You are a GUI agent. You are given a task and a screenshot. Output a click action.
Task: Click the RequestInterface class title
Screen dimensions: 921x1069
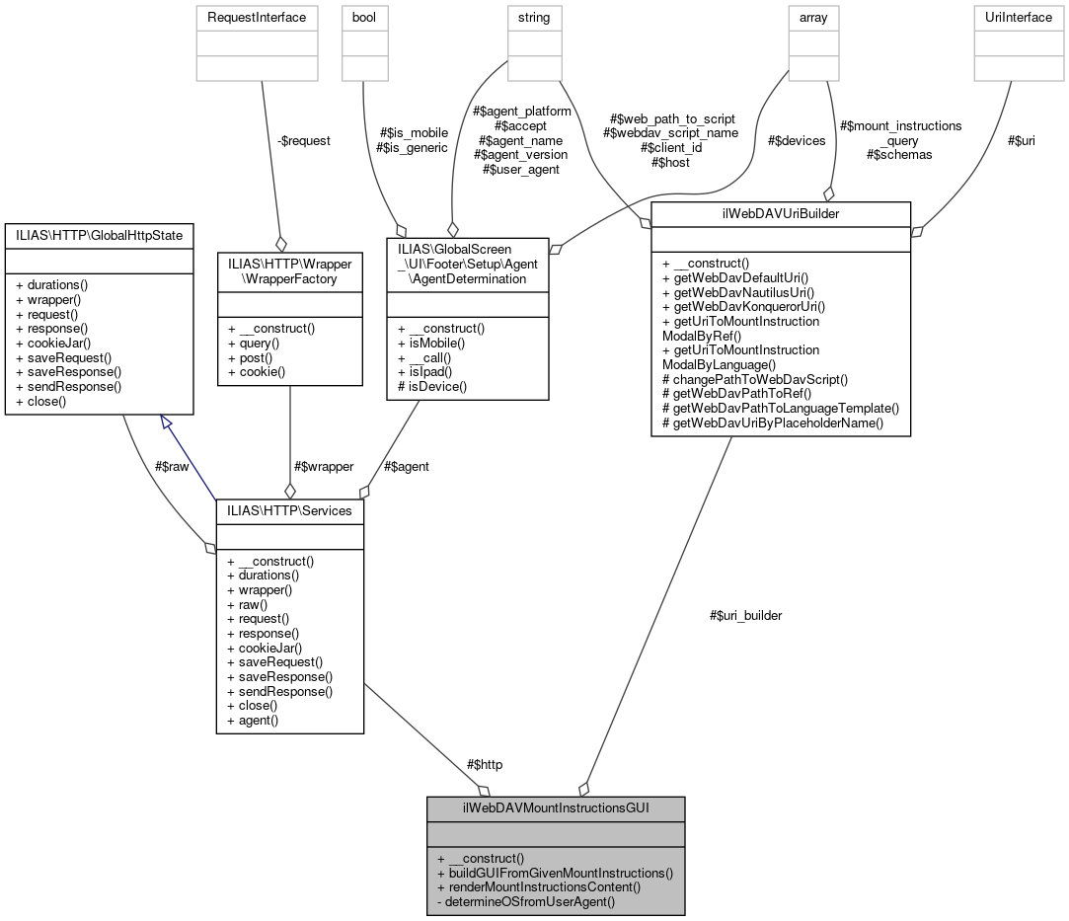click(x=260, y=17)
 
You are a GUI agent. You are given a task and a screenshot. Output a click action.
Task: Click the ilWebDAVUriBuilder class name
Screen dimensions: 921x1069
click(x=781, y=213)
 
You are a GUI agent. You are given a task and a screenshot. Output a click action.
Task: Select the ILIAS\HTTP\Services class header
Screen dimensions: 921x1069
click(x=290, y=511)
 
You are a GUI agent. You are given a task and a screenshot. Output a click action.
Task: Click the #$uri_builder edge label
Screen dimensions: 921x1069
click(x=745, y=615)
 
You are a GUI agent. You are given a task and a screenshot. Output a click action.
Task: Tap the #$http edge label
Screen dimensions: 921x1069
click(x=491, y=764)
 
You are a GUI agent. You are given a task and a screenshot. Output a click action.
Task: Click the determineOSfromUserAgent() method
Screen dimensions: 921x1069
click(x=530, y=901)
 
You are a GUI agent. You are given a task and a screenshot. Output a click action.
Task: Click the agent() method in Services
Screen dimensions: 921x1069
click(x=253, y=720)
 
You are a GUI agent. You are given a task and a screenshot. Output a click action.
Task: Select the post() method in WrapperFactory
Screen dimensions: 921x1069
click(x=246, y=357)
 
